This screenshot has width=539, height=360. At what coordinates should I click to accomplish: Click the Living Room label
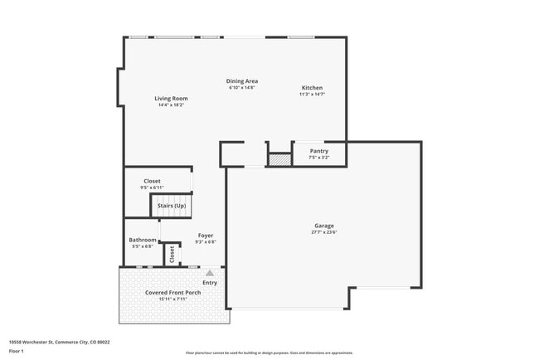(171, 99)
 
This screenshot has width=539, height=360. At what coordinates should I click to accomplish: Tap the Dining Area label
(242, 81)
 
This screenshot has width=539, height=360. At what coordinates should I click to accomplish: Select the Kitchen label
(312, 88)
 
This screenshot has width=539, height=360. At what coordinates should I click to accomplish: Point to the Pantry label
(319, 151)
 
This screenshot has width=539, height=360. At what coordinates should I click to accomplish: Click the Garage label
(323, 226)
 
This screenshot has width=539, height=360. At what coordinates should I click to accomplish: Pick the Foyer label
(205, 236)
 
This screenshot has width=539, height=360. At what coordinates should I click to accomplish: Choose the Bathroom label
(142, 240)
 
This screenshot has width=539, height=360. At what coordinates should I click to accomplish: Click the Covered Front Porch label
(172, 293)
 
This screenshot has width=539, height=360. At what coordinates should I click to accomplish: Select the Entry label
(210, 283)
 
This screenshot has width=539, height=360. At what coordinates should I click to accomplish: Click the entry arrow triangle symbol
(210, 272)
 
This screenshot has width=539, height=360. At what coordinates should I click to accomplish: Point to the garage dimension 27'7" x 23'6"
(323, 232)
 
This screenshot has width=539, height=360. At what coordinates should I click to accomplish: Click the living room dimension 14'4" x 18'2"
(171, 105)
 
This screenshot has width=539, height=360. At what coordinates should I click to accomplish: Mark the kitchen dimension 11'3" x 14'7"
(312, 95)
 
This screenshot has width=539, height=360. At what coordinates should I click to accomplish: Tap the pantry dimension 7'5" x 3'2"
(319, 157)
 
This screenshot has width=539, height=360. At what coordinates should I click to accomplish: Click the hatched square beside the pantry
(279, 158)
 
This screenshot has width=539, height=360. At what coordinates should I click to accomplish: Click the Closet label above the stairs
(152, 181)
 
